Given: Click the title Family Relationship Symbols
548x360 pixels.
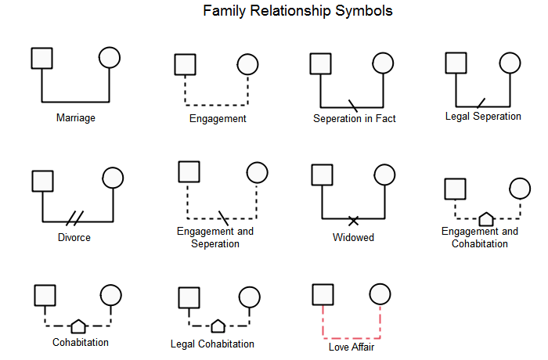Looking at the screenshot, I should tap(297, 12).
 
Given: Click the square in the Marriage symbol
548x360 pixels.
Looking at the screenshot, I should tap(41, 58).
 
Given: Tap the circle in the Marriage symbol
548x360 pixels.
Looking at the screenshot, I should tap(110, 58).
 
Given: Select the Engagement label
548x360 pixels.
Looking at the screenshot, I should tap(218, 119).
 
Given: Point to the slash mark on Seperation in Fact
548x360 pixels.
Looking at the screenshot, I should tap(353, 105).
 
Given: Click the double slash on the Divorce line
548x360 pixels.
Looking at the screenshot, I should tap(75, 217).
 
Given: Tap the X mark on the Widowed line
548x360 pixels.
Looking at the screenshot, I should tap(354, 218).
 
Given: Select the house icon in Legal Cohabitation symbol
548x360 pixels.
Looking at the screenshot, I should tap(218, 325).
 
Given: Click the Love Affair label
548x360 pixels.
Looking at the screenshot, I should tap(352, 346).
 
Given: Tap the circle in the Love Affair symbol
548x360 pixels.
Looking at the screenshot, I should tap(380, 294).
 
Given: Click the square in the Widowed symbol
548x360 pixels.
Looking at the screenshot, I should tap(323, 175).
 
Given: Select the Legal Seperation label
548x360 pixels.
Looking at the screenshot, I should tap(483, 117).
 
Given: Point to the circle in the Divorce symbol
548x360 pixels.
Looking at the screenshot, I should tap(114, 180).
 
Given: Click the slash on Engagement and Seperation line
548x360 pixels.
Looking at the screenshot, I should tap(224, 216).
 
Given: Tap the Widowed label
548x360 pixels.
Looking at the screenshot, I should tap(354, 237).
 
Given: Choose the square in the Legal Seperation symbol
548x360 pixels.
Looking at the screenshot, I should tap(456, 63).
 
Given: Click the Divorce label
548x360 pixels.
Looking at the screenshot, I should tap(74, 237).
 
